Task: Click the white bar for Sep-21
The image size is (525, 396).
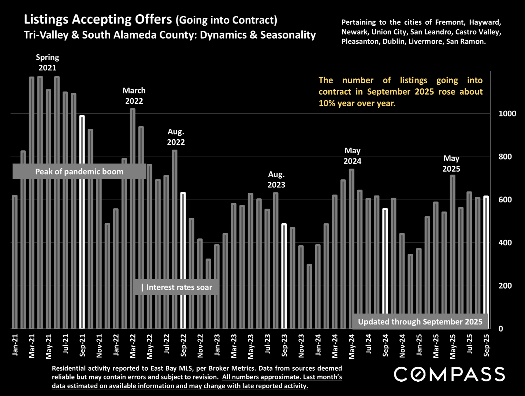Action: [82, 222]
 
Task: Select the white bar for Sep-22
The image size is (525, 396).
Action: [183, 260]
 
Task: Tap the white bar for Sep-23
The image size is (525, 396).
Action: [284, 276]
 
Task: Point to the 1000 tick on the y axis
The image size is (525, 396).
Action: [507, 114]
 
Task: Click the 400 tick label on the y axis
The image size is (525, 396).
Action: [505, 243]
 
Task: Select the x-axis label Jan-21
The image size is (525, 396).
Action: [15, 345]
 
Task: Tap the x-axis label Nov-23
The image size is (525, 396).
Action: [301, 345]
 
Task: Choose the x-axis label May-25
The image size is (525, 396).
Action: [453, 346]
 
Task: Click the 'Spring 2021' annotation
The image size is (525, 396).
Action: [48, 62]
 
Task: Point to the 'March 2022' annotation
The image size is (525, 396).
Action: [134, 96]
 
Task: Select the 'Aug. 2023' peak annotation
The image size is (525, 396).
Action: [276, 180]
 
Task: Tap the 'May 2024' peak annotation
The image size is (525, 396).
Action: [352, 156]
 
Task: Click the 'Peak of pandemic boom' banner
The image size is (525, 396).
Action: [79, 172]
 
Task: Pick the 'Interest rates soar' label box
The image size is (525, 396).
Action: [176, 287]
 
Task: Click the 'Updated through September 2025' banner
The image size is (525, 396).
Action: [420, 322]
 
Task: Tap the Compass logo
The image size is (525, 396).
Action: [449, 374]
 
